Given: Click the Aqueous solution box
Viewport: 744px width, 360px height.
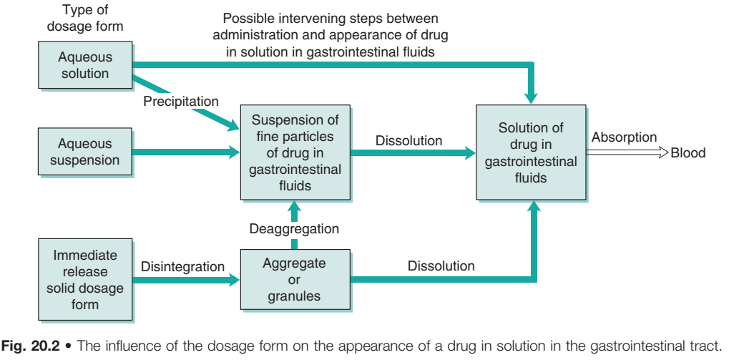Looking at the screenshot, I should click(x=84, y=65).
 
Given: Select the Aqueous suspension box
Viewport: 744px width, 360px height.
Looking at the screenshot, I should click(x=84, y=151).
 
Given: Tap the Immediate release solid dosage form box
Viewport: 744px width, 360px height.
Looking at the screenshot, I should click(x=84, y=280).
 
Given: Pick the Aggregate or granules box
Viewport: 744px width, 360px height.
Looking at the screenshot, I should click(x=294, y=279).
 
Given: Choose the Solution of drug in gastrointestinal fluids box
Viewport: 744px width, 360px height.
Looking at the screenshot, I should click(x=530, y=152).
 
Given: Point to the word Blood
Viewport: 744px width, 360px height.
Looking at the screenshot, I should click(x=687, y=152).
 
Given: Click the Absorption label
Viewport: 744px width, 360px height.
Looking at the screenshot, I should click(x=624, y=137).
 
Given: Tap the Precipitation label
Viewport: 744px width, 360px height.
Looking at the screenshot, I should click(x=180, y=102).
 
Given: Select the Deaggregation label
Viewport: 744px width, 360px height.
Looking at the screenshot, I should click(x=294, y=229).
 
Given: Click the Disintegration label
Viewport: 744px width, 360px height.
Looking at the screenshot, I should click(x=183, y=266).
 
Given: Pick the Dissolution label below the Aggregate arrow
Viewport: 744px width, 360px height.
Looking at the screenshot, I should click(x=441, y=266).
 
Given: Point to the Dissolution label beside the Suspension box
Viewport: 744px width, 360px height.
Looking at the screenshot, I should click(x=408, y=140).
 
